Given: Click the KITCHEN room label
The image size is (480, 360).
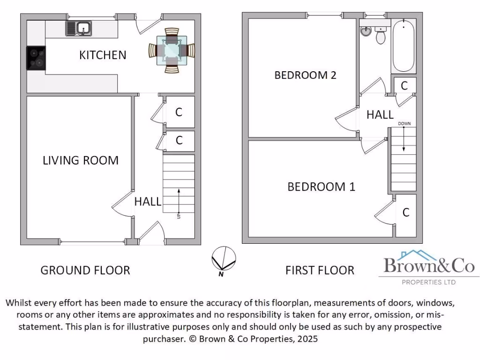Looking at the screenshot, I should (x=103, y=55).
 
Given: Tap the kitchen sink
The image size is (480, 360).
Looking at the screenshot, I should (x=79, y=29).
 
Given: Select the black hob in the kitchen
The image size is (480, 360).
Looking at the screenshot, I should (x=36, y=58).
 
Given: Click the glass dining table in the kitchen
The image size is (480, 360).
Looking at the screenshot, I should (x=172, y=51).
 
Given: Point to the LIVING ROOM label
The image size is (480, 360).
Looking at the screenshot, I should (x=80, y=160).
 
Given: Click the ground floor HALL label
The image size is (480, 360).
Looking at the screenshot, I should (x=148, y=202).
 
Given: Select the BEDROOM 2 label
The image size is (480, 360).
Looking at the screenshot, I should (x=305, y=75).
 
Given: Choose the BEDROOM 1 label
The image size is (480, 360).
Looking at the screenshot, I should (x=321, y=187).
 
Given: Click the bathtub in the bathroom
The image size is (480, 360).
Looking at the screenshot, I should (x=403, y=46).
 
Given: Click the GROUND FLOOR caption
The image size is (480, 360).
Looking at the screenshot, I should (x=85, y=270).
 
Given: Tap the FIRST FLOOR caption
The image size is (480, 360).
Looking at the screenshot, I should (x=320, y=270).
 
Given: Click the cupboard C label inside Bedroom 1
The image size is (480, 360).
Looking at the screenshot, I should (x=406, y=213).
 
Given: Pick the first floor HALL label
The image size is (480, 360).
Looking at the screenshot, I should (x=380, y=115).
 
